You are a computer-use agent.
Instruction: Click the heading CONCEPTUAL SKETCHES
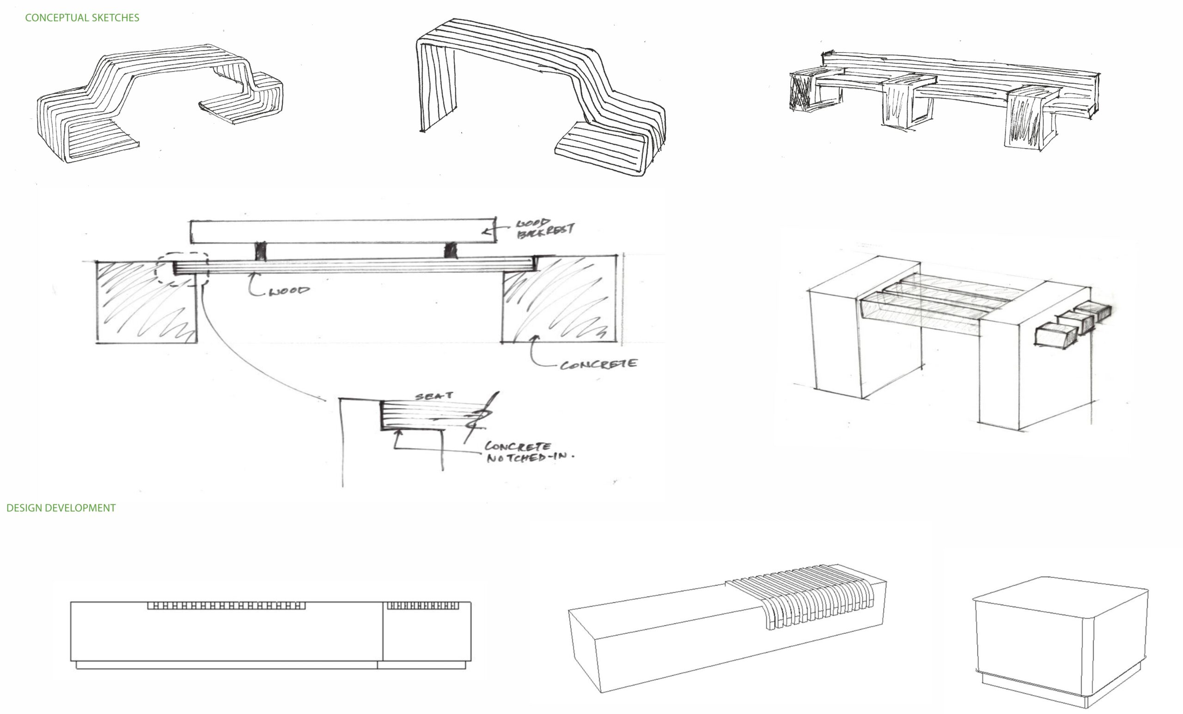82,18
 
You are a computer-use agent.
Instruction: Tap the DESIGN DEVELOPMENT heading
61,508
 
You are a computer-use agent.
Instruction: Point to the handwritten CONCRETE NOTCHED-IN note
528,452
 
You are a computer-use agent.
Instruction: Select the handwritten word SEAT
433,396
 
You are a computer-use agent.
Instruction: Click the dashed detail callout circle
182,269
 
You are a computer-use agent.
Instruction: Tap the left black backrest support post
260,251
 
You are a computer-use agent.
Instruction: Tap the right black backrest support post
451,250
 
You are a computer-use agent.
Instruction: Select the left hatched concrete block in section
146,303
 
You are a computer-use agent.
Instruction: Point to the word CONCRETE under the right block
598,364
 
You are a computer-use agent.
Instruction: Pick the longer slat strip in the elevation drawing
226,605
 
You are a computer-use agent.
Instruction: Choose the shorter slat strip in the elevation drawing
422,605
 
